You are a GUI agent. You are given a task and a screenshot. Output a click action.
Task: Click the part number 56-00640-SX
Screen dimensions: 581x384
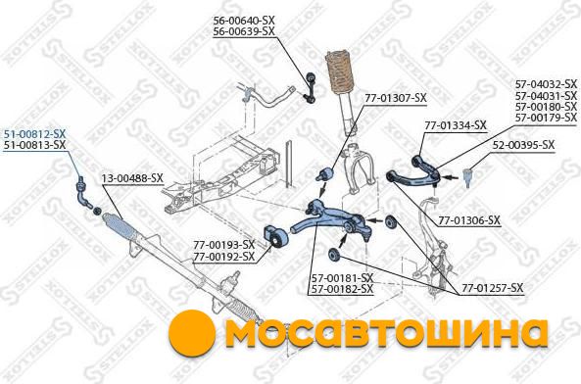[244, 21]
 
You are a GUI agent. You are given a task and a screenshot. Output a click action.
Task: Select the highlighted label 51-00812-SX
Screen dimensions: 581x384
[34, 133]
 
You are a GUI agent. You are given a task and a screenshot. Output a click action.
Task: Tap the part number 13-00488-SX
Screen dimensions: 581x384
[132, 178]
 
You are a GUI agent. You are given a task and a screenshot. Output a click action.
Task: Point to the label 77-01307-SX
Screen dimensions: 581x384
[396, 98]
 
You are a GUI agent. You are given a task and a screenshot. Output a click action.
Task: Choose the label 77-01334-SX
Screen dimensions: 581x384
[456, 125]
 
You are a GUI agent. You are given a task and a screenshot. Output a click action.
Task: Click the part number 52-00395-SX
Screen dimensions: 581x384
[523, 145]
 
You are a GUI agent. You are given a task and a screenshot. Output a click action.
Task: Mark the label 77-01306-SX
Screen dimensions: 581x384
[469, 220]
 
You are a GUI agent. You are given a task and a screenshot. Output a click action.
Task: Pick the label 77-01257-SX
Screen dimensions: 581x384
[493, 288]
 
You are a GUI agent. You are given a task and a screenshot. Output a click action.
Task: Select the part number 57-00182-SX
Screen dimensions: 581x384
[342, 289]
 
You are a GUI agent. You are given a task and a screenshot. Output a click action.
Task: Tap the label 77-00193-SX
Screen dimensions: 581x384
[223, 245]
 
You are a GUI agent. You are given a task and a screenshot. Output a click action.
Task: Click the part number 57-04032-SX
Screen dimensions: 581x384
[546, 83]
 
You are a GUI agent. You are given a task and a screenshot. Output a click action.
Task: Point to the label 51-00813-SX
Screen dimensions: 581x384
[34, 145]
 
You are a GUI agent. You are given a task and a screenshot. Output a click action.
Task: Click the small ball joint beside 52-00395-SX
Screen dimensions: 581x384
[468, 176]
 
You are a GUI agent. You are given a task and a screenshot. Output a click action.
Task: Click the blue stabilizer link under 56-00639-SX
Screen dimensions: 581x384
[310, 88]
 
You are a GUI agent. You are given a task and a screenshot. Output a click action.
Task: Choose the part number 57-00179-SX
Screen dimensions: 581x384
[546, 118]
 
